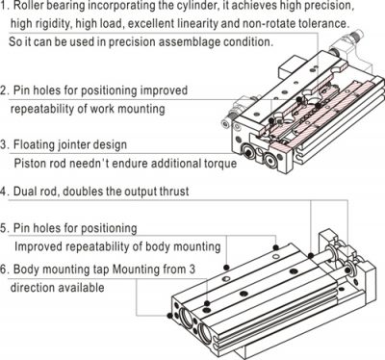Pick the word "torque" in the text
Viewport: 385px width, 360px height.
[220, 164]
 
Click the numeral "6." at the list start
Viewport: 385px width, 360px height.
[5, 269]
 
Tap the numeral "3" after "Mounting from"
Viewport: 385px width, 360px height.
[192, 269]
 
